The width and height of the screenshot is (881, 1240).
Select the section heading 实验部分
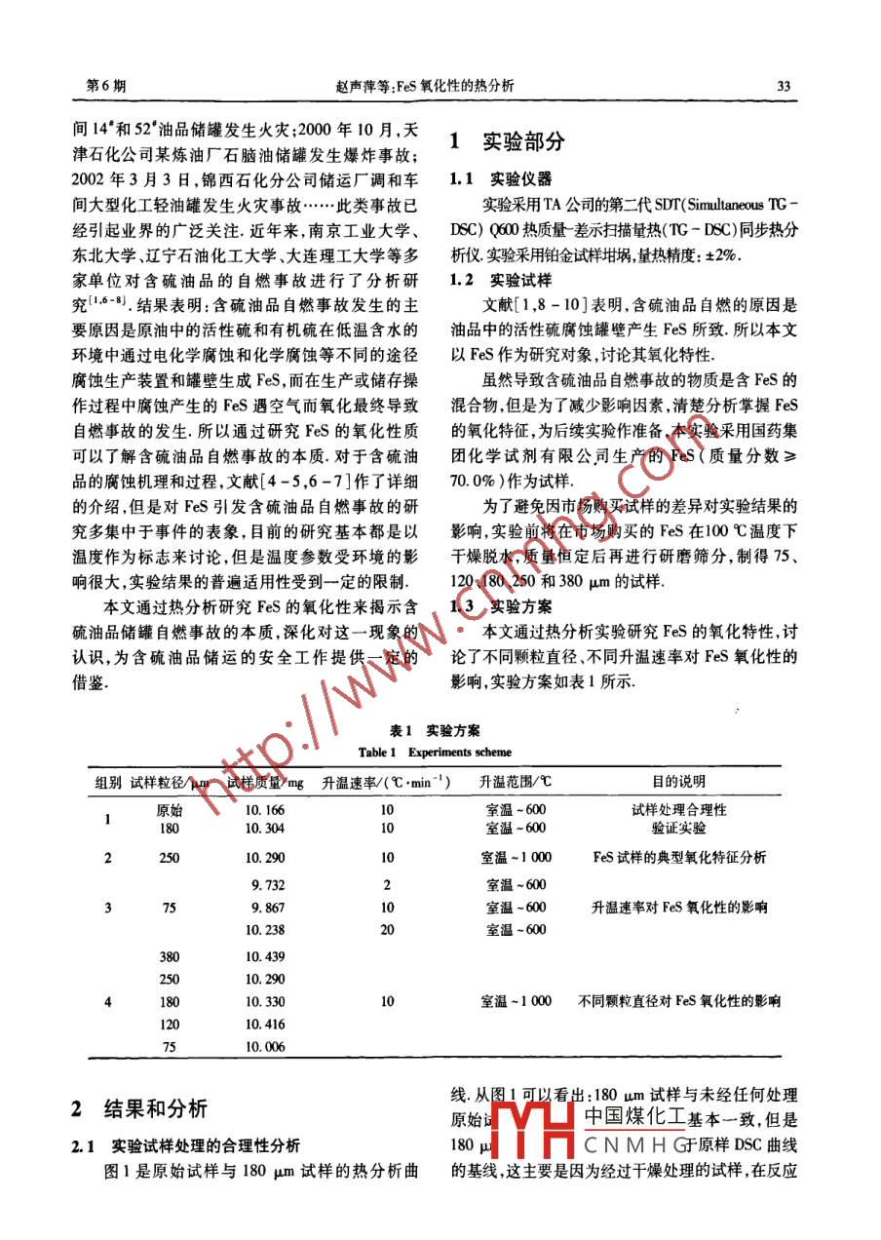(x=523, y=141)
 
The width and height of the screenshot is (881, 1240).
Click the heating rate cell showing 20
(x=387, y=930)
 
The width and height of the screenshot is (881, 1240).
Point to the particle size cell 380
(x=169, y=956)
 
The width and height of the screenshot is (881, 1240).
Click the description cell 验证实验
(x=678, y=828)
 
